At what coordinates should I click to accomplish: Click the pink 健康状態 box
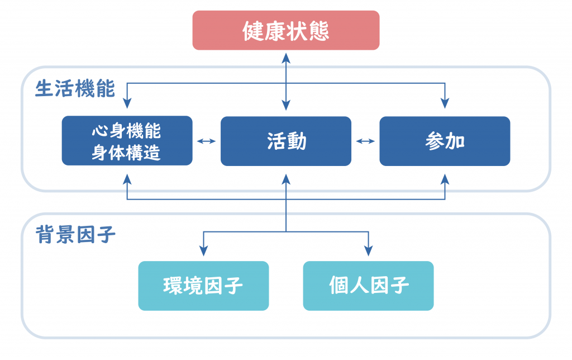coord(286,30)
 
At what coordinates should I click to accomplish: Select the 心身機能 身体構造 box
coord(127,141)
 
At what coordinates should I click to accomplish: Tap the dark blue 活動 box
coord(286,141)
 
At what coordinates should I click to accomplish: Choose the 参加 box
coord(445,141)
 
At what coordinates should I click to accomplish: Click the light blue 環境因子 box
coord(203,286)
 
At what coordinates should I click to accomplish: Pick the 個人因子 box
coord(369,286)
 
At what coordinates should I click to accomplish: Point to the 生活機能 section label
coord(75,89)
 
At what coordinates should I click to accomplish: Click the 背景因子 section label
coord(75,234)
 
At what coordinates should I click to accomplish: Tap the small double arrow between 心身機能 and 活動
coord(207,141)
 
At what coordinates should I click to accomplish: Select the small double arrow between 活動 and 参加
coord(365,141)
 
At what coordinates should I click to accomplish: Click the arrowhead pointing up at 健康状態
coord(286,59)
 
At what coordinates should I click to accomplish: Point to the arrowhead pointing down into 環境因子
coord(203,250)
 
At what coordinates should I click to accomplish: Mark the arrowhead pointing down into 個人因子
coord(369,250)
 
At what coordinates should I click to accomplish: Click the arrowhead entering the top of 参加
coord(445,103)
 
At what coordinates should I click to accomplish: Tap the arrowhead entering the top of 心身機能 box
coord(127,103)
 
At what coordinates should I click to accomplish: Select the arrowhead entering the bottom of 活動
coord(286,179)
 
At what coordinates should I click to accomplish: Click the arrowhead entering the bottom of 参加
coord(445,179)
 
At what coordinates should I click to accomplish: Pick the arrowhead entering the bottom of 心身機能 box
coord(127,179)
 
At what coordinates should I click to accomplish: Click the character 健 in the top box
coord(254,31)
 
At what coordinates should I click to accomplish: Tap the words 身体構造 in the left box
coord(126,153)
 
